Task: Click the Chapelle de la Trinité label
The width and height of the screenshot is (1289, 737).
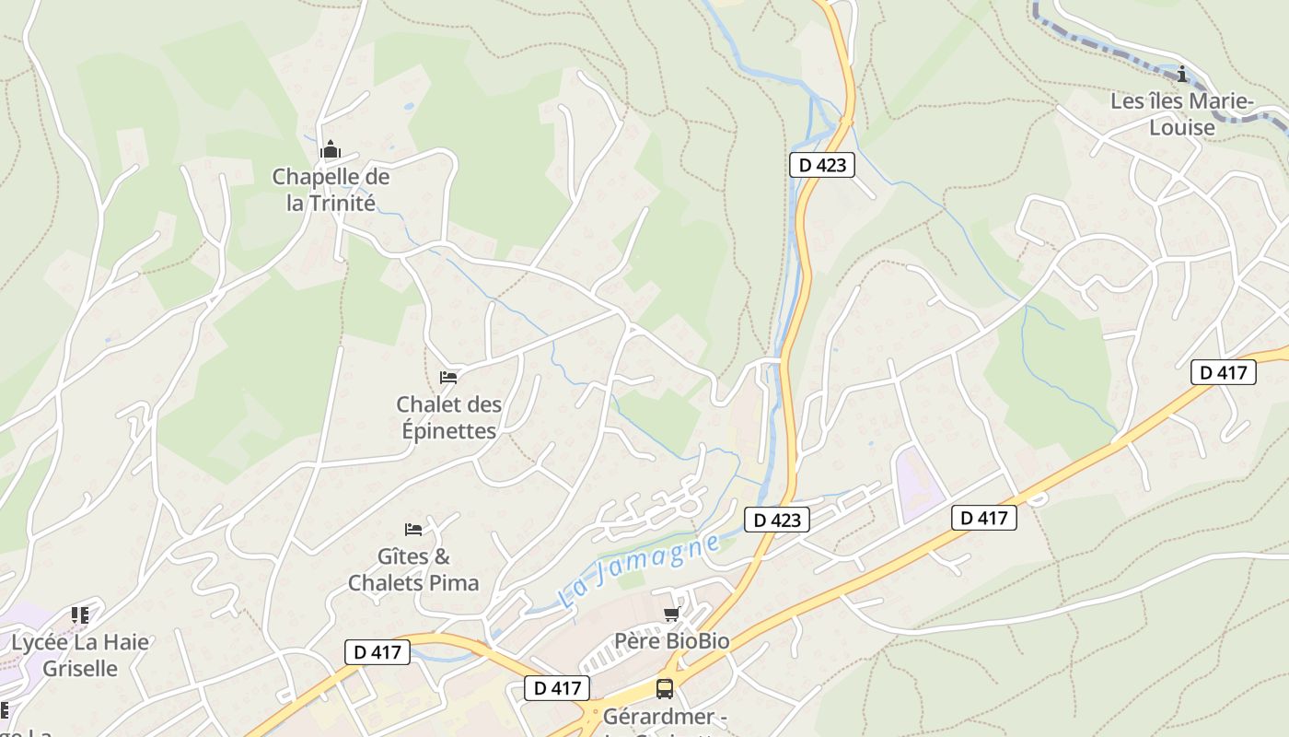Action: [331, 190]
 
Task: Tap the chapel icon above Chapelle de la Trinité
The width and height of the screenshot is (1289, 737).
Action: [331, 150]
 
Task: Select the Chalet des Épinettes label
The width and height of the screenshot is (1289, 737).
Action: [449, 417]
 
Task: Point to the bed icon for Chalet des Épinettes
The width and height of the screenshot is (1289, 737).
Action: [448, 378]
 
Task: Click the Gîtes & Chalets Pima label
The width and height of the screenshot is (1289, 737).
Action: [413, 569]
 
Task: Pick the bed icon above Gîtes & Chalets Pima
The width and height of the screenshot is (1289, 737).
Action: [413, 530]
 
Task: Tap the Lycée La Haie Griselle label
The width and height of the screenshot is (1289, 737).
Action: [80, 655]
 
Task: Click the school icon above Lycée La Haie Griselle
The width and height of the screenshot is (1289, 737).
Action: [80, 614]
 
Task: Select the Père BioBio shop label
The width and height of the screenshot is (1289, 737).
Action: [671, 640]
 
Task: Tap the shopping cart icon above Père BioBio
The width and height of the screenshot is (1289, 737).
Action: [671, 614]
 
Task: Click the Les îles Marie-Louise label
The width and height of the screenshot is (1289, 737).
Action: [1182, 114]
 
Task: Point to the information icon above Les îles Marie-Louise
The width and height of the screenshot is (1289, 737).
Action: [1182, 74]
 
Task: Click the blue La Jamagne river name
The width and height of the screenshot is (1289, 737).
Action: [638, 573]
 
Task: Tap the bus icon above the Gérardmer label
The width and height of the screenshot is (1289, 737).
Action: [664, 688]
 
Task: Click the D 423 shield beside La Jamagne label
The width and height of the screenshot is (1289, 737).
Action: [776, 520]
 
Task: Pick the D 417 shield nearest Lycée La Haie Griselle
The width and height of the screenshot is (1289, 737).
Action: [377, 652]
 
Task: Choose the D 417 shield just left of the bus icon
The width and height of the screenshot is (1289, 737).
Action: [557, 688]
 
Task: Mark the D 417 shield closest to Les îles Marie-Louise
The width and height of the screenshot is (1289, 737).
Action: [1224, 372]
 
